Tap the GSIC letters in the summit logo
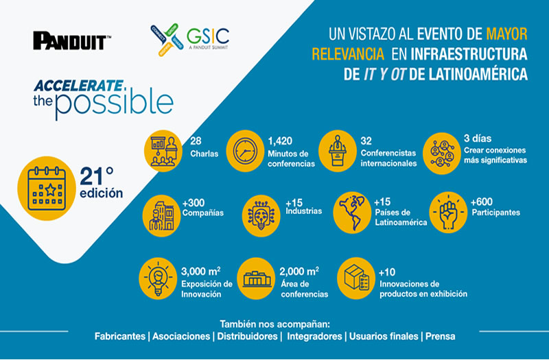208,36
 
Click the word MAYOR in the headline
506,34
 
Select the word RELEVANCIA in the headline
348,54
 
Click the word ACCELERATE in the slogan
78,86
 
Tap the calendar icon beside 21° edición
47,188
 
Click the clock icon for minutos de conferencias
245,151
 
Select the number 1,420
280,141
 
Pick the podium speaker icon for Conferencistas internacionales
338,151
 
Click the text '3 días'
478,139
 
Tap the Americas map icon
352,213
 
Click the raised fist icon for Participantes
448,213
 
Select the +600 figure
482,202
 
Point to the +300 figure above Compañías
194,203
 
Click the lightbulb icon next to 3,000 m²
158,278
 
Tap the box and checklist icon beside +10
356,278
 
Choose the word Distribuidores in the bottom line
247,336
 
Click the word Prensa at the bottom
441,336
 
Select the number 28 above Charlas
196,141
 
